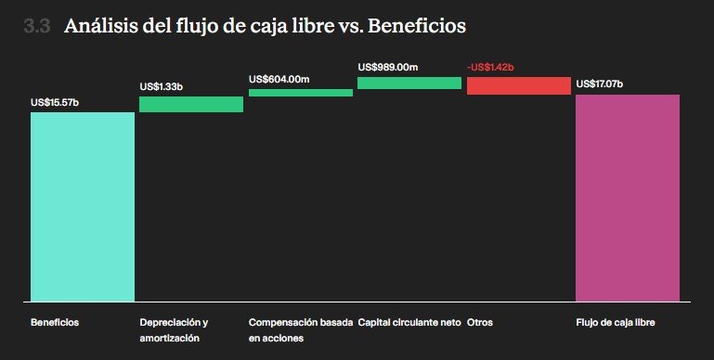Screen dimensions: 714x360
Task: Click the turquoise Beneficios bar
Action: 83,207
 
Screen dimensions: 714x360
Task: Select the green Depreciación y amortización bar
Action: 191,104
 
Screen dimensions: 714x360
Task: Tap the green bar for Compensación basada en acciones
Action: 301,93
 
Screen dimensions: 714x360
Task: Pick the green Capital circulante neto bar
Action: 409,83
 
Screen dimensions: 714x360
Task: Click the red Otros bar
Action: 519,85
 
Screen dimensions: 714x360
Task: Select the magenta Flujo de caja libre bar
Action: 628,198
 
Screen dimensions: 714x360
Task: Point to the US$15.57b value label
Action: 55,103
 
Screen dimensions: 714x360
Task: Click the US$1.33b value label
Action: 162,87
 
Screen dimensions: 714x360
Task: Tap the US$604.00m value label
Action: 279,79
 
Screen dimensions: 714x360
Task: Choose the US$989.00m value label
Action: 388,68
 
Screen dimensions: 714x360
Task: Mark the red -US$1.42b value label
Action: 490,68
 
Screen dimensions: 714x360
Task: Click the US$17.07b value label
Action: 600,84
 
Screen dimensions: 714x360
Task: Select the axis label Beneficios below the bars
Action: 55,322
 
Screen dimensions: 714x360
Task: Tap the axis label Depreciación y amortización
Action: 174,330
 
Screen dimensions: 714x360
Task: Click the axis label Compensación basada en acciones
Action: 301,330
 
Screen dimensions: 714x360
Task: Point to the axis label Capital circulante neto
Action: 409,322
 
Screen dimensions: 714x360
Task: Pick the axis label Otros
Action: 480,322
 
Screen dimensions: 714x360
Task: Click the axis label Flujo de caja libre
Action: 616,322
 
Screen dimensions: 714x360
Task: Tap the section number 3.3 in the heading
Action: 36,26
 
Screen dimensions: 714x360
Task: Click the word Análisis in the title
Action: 100,25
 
